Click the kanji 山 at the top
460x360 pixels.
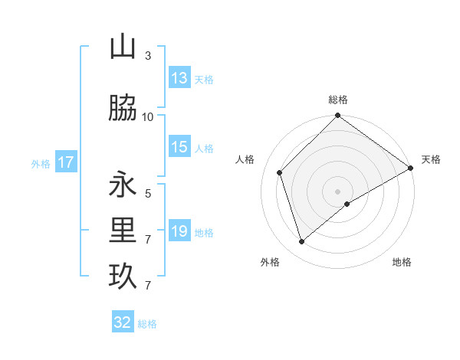pyautogui.click(x=123, y=47)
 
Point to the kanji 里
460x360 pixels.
pyautogui.click(x=123, y=230)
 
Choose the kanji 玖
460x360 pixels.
pyautogui.click(x=123, y=276)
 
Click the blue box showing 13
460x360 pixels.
pyautogui.click(x=179, y=78)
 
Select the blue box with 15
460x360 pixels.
pyautogui.click(x=179, y=147)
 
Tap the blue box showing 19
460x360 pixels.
pyautogui.click(x=179, y=231)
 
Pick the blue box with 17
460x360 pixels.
pyautogui.click(x=65, y=162)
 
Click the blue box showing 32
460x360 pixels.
pyautogui.click(x=123, y=322)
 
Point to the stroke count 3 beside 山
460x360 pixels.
pyautogui.click(x=148, y=56)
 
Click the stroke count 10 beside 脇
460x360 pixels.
pyautogui.click(x=148, y=117)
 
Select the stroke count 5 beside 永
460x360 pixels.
pyautogui.click(x=148, y=194)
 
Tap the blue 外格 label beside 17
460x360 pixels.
pyautogui.click(x=41, y=163)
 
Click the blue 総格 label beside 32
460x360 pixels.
pyautogui.click(x=147, y=324)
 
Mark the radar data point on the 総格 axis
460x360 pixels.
pyautogui.click(x=337, y=116)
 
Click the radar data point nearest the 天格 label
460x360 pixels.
pyautogui.click(x=411, y=168)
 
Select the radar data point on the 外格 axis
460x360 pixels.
pyautogui.click(x=302, y=241)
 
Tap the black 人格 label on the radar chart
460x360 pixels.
pyautogui.click(x=245, y=159)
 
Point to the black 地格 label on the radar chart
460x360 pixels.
pyautogui.click(x=402, y=262)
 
